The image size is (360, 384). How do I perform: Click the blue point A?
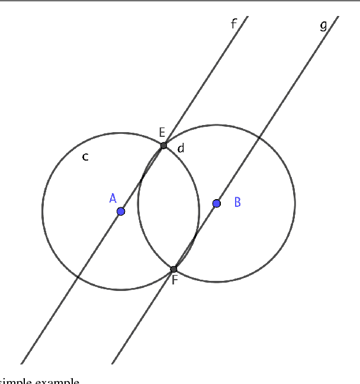pos(121,211)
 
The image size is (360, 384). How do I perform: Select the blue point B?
pos(217,203)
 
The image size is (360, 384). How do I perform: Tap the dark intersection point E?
pos(164,145)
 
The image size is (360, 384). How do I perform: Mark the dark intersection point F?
pos(173,269)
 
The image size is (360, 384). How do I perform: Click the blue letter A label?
pos(112,198)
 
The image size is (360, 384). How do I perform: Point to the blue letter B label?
pos(237,202)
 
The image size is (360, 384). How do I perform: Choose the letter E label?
pos(162,132)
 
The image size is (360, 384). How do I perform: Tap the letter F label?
pos(175,280)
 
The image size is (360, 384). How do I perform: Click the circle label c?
pos(85,157)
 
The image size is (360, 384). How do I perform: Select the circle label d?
pos(181,148)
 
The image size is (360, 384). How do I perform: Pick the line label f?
pos(234,24)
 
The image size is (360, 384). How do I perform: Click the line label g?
pos(323,25)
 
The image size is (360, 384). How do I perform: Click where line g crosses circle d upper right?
pos(260,137)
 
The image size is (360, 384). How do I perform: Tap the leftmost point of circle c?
pos(42,211)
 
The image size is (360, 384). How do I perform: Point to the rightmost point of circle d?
pos(295,203)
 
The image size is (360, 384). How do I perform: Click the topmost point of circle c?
pos(121,132)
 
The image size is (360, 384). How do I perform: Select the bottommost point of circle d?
pos(217,282)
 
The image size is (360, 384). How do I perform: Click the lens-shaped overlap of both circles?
pos(169,207)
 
